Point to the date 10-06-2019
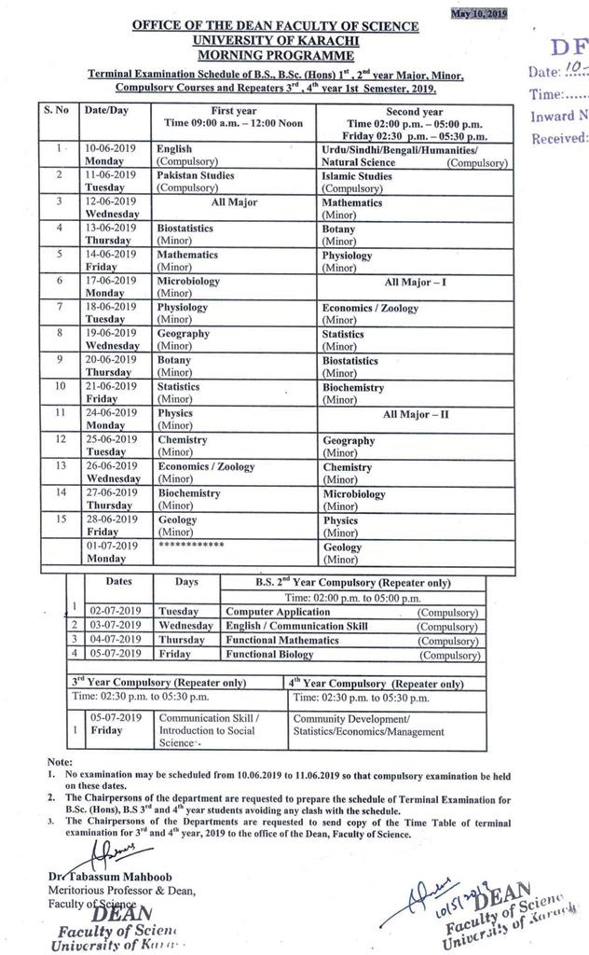[111, 148]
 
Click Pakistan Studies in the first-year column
[196, 175]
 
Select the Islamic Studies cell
[357, 175]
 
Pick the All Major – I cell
[415, 281]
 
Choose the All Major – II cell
[416, 414]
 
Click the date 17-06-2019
[111, 281]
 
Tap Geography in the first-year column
[184, 334]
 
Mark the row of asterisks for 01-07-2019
[192, 544]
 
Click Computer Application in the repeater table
[277, 611]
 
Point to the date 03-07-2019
[116, 626]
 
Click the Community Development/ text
[351, 719]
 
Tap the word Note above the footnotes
[59, 762]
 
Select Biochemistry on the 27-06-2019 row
[189, 493]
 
